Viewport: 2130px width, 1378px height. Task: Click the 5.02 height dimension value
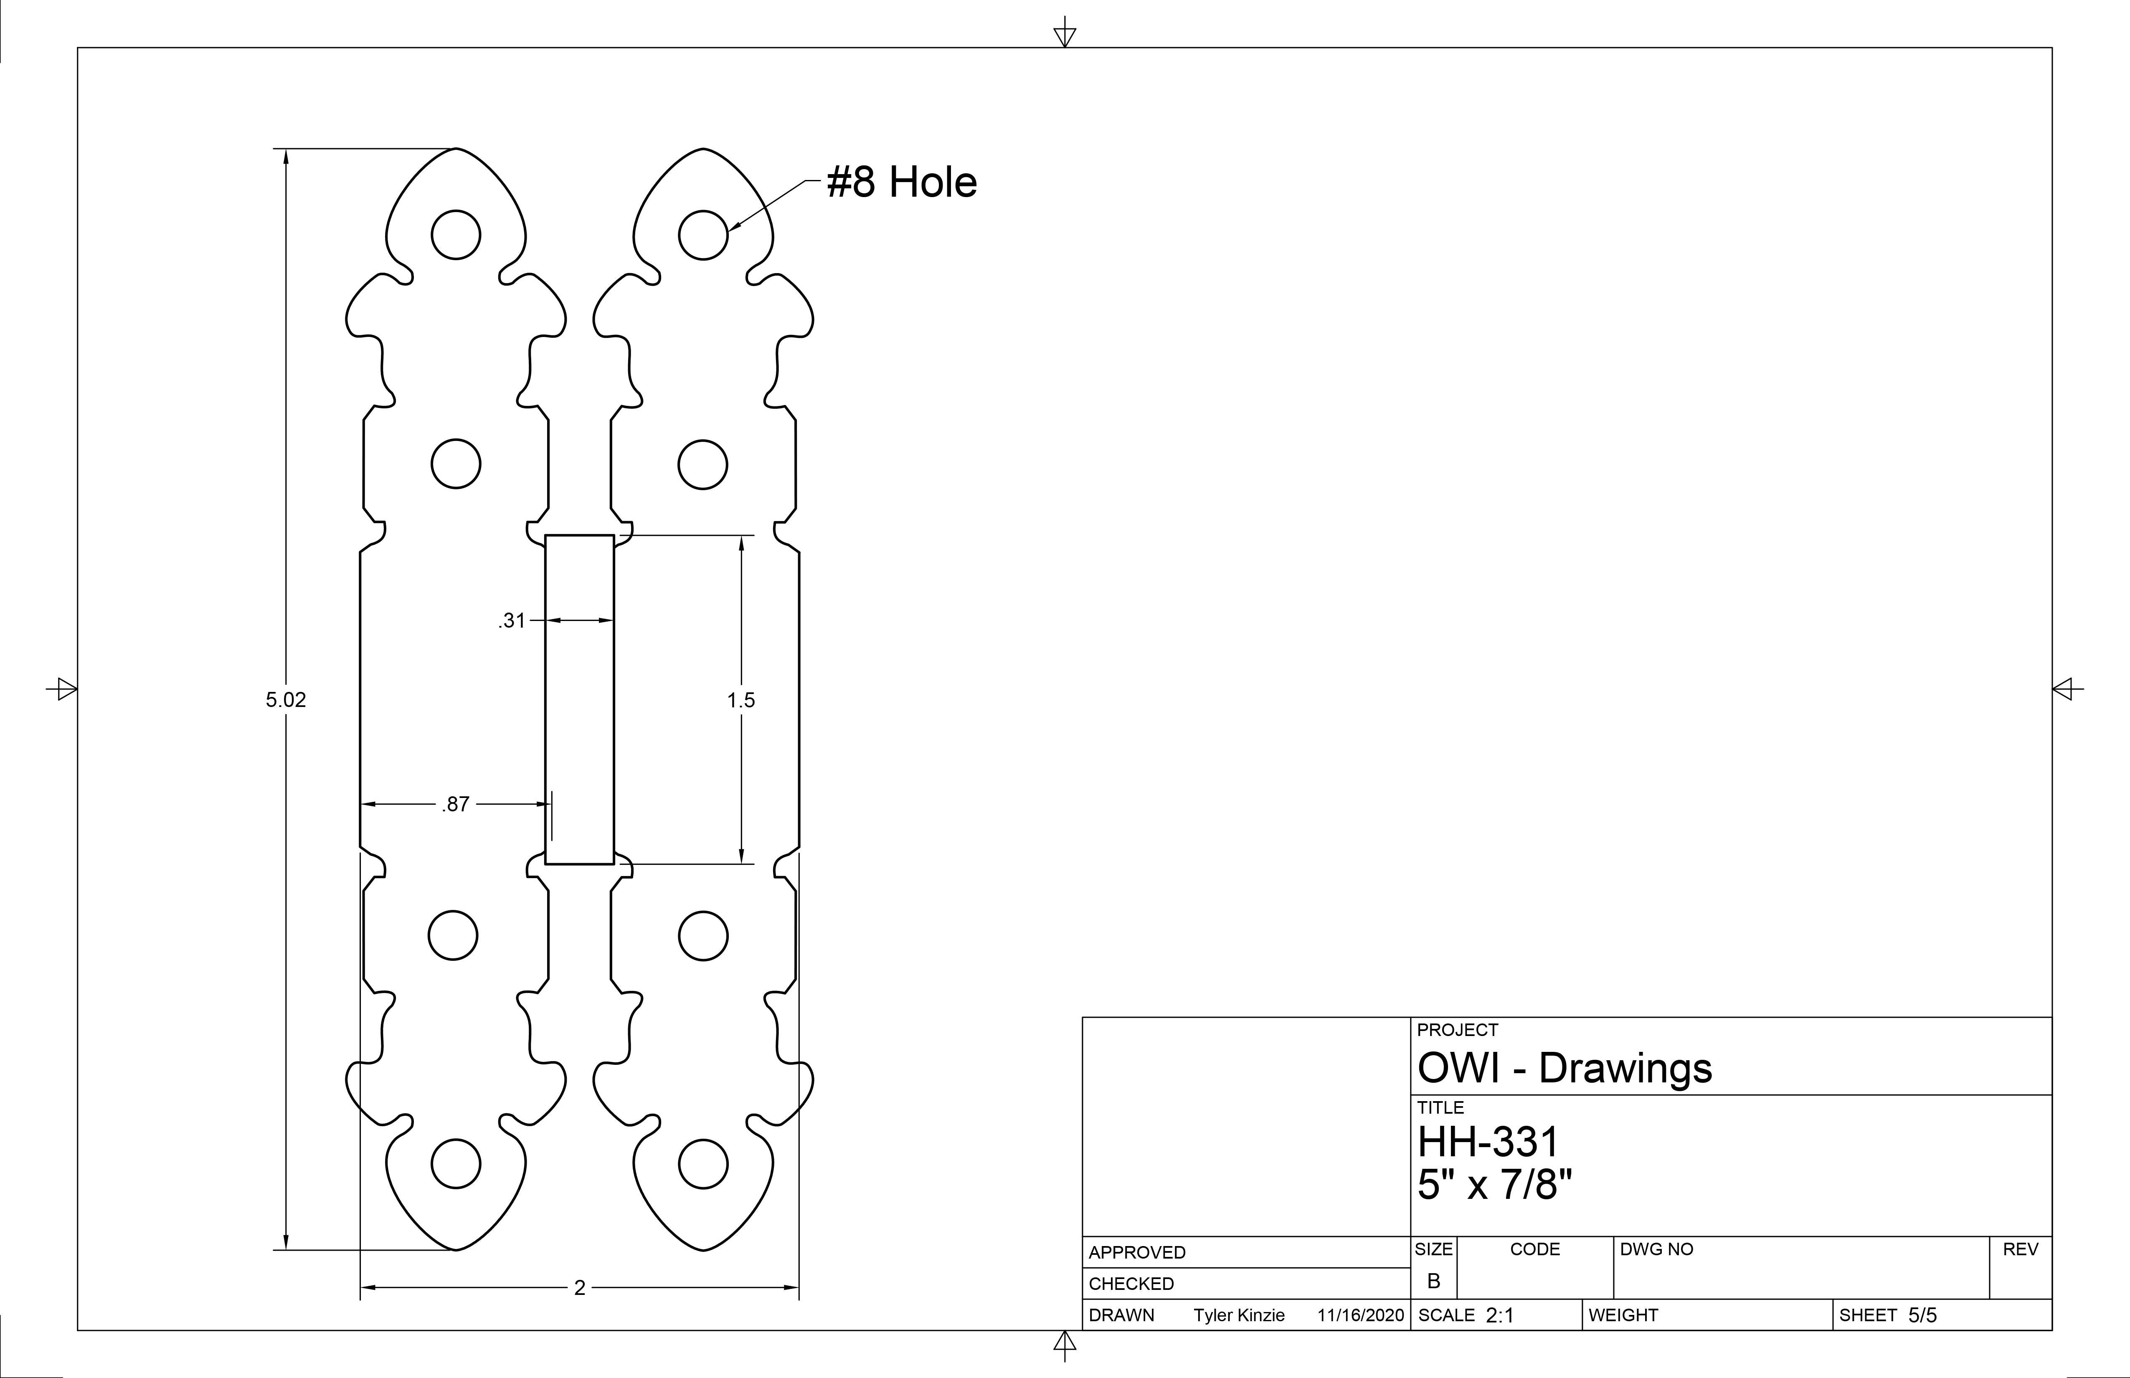(x=286, y=700)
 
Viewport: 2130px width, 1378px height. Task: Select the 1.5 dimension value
(x=741, y=700)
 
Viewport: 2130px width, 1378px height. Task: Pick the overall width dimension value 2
(x=580, y=1288)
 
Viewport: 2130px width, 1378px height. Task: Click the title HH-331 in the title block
(x=1488, y=1142)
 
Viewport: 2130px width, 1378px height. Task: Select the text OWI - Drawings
(x=1565, y=1069)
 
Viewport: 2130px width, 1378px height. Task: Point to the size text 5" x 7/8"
(x=1495, y=1185)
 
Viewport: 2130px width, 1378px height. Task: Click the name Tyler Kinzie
(x=1239, y=1315)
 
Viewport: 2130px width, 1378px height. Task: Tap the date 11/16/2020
(x=1360, y=1315)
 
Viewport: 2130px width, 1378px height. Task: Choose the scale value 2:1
(x=1500, y=1315)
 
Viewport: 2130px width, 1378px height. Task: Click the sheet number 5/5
(x=1922, y=1315)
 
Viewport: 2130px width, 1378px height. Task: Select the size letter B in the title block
(x=1434, y=1282)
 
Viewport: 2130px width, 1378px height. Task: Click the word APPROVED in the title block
(x=1136, y=1253)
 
